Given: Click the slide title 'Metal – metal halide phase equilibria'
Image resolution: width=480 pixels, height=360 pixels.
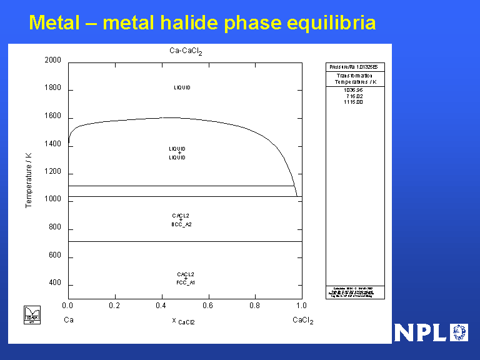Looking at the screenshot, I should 202,23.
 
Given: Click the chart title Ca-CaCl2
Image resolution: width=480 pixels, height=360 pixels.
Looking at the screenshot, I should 186,52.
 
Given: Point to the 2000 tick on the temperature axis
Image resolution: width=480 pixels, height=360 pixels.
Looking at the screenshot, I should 52,61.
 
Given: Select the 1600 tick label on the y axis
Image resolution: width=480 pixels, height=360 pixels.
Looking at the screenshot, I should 52,117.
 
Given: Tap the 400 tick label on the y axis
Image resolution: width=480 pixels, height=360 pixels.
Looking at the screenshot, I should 55,284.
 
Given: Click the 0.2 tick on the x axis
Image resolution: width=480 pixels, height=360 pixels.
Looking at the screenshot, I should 114,306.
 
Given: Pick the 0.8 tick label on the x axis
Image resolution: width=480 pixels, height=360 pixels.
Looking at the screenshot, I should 254,306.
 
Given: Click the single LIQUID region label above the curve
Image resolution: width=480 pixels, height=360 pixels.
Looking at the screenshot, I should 182,87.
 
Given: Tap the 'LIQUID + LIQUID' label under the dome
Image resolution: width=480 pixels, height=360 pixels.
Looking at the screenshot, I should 177,153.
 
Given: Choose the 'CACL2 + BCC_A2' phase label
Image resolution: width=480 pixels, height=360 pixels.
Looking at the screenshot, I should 181,220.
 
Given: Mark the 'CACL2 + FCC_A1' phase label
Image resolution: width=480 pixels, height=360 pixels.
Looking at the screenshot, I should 186,279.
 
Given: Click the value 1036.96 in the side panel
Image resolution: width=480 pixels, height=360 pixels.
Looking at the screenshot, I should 353,90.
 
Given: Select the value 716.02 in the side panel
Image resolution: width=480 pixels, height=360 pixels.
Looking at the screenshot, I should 353,96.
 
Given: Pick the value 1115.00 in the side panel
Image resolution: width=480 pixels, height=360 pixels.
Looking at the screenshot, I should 353,102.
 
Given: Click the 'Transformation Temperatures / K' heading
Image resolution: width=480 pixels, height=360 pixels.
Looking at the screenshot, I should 354,79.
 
